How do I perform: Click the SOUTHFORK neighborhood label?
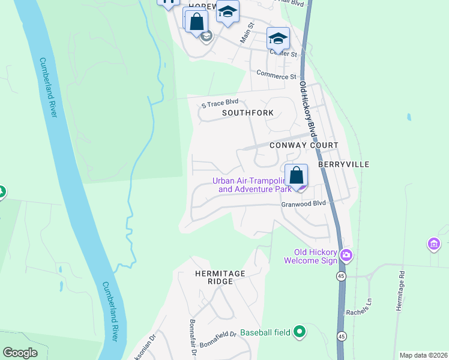(x=248, y=113)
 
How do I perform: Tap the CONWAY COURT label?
(x=304, y=145)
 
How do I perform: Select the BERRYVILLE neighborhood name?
(x=343, y=164)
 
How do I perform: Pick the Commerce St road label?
(x=277, y=76)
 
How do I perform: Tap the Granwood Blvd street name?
(x=303, y=204)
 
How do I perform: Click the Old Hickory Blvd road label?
(x=307, y=108)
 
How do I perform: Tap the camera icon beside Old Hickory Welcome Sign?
(x=346, y=256)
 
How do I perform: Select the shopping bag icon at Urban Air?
(x=296, y=176)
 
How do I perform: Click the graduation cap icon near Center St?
(x=278, y=38)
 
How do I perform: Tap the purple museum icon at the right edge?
(x=433, y=244)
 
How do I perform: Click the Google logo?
(x=20, y=353)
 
